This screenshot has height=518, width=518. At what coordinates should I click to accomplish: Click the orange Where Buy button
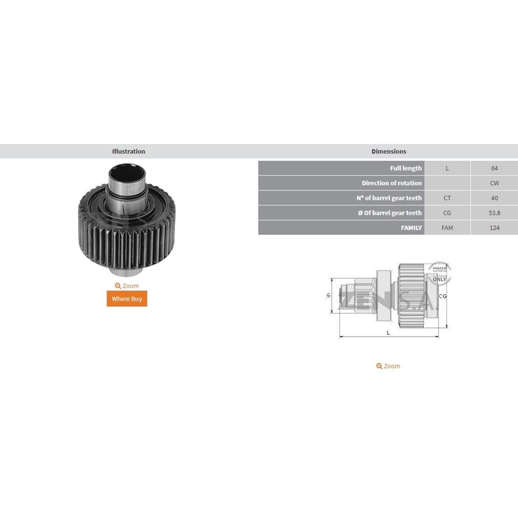tap(127, 299)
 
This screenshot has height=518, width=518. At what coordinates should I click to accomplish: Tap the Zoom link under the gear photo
tap(127, 286)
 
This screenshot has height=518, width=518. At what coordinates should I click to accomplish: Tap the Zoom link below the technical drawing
tap(388, 366)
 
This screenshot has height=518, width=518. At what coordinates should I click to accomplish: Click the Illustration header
tap(128, 151)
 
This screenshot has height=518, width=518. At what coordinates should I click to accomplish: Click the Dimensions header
tap(388, 151)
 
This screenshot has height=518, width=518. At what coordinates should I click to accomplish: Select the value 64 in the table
tap(494, 168)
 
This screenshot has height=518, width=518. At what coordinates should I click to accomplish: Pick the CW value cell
tap(494, 183)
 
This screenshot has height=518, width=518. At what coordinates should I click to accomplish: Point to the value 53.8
tap(494, 213)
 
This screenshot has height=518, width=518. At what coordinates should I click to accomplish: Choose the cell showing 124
tap(494, 227)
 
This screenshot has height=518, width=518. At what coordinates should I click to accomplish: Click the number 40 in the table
tap(494, 198)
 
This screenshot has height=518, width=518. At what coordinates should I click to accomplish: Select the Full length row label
tap(406, 168)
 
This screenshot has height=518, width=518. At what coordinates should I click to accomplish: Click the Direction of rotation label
tap(392, 183)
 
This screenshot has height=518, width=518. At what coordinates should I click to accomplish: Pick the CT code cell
tap(447, 198)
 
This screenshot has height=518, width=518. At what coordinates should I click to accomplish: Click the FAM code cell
tap(447, 227)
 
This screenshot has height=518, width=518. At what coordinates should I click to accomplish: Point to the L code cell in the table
tap(447, 168)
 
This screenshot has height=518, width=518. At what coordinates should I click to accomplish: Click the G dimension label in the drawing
tap(328, 295)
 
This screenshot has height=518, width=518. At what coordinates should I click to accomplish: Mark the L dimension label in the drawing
tap(388, 333)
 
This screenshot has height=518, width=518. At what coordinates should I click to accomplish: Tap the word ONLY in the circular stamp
tap(439, 279)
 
